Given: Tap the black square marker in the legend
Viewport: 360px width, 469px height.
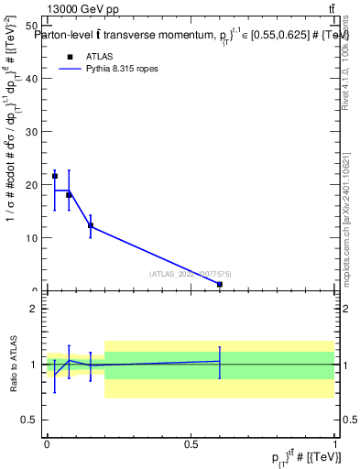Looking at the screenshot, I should [x=69, y=56].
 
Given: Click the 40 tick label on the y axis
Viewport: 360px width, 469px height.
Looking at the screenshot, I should [x=31, y=79].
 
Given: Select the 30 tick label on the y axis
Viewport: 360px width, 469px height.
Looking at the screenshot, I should [x=31, y=132].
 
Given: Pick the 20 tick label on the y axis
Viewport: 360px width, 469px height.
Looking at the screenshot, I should [x=31, y=185].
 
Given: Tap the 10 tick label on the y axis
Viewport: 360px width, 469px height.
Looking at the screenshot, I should [x=31, y=238].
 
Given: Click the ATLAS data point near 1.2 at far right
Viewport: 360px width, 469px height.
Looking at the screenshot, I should [x=220, y=285].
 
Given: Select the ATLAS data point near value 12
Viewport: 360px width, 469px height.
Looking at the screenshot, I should [x=90, y=225].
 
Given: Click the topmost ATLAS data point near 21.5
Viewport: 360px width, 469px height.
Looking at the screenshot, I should [x=54, y=176].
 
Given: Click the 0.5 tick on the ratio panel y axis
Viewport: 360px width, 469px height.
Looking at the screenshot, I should [x=31, y=420].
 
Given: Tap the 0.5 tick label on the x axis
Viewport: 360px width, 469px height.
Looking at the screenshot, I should [x=191, y=442].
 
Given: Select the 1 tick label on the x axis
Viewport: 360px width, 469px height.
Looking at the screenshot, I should [x=334, y=442].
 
